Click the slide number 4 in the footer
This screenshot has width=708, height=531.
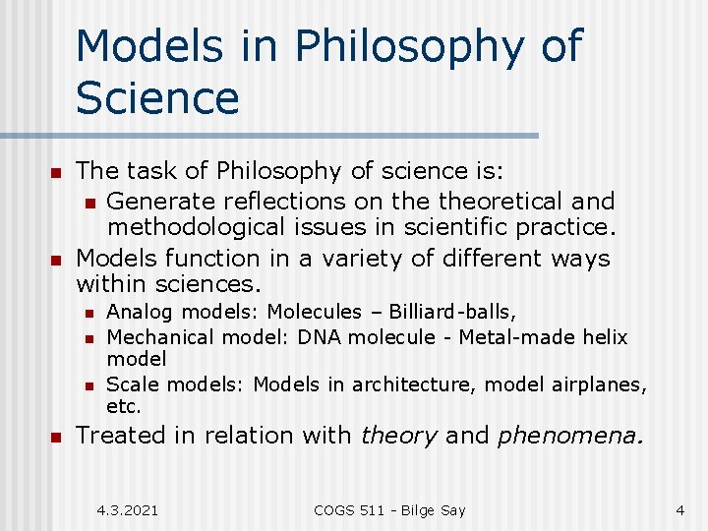(x=679, y=510)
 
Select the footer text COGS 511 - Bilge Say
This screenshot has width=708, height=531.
(x=388, y=510)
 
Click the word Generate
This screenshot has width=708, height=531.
(x=160, y=202)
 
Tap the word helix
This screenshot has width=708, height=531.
(x=605, y=337)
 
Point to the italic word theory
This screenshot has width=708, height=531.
(x=398, y=436)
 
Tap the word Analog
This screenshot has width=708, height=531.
(x=135, y=313)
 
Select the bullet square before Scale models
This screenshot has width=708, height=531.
(x=88, y=385)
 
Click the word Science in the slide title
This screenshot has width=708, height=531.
(x=157, y=97)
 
